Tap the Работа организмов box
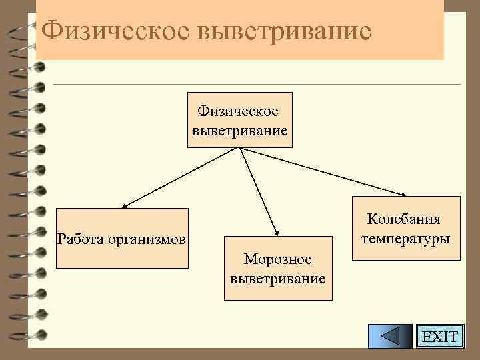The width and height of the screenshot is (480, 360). click(122, 238)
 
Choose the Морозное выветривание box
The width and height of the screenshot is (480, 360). click(277, 268)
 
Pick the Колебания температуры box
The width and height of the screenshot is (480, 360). click(405, 229)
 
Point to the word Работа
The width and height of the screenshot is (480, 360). click(79, 239)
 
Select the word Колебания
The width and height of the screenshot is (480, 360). click(404, 219)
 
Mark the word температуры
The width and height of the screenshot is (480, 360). click(405, 238)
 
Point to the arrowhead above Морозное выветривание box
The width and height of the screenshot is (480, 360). click(275, 230)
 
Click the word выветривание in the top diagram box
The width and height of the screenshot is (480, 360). click(240, 129)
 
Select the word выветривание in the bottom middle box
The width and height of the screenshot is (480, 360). click(278, 278)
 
